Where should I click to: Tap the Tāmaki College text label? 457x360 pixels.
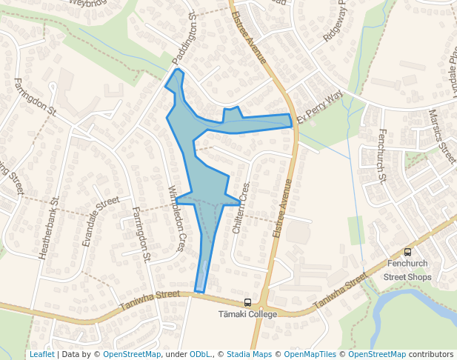(x=247, y=314)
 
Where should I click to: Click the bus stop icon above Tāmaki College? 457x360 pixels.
(x=247, y=302)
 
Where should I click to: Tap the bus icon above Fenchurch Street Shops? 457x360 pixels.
(x=407, y=253)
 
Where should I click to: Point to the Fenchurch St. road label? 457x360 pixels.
(x=382, y=156)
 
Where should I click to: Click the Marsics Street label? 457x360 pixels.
(x=442, y=136)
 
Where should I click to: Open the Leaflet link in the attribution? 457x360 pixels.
(x=41, y=355)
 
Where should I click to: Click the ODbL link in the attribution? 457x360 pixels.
(x=200, y=355)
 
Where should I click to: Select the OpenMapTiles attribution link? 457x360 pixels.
(x=311, y=355)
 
